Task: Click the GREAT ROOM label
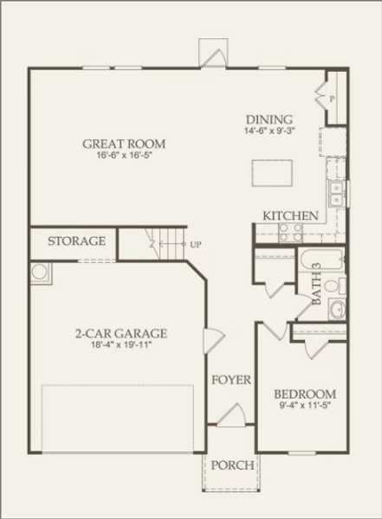(x=124, y=144)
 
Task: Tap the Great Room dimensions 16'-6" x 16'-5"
(x=124, y=157)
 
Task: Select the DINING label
(x=269, y=120)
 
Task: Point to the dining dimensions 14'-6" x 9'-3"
(x=269, y=132)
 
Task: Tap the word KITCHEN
(x=290, y=215)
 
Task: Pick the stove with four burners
(x=288, y=231)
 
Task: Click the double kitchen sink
(x=335, y=191)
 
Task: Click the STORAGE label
(x=76, y=241)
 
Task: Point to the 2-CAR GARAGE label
(x=120, y=333)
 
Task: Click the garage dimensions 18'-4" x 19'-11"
(x=120, y=345)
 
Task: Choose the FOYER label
(x=230, y=380)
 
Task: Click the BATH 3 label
(x=317, y=285)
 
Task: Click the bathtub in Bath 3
(x=315, y=259)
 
